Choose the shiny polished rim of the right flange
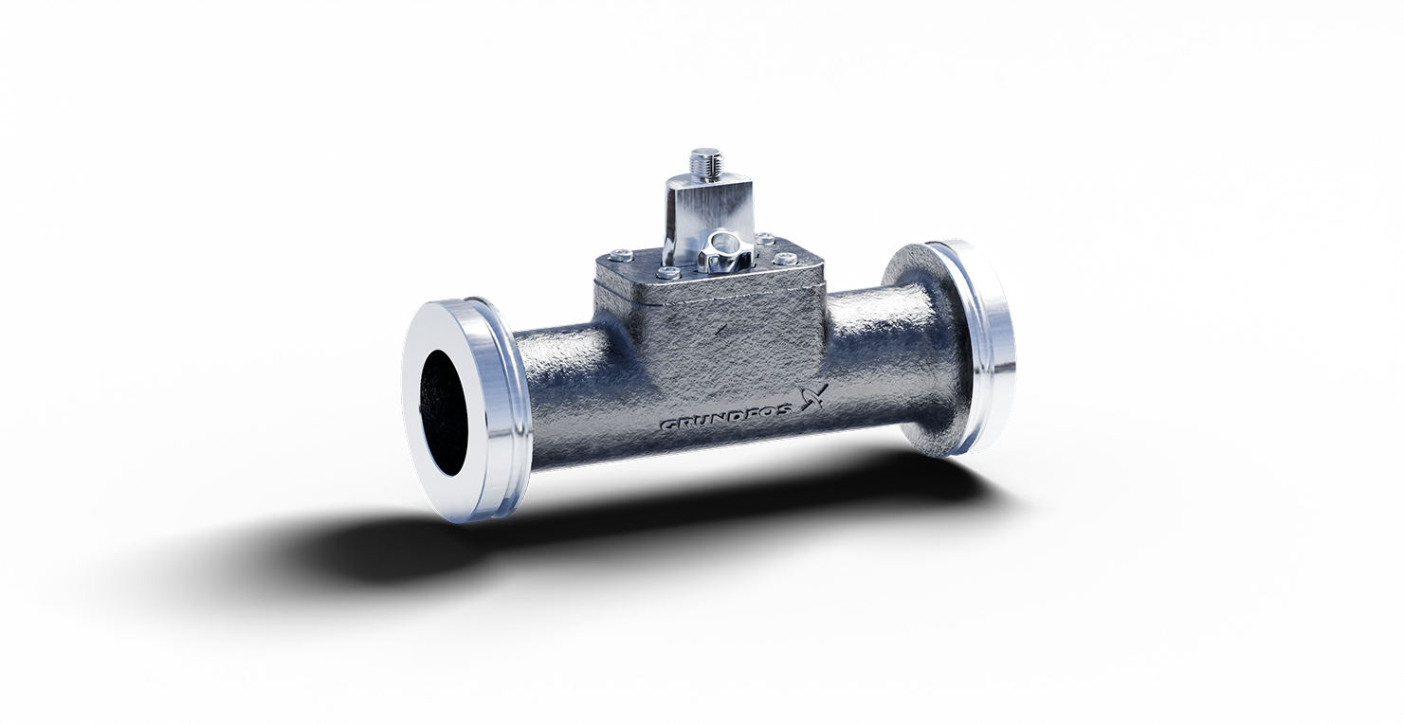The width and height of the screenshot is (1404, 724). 991,341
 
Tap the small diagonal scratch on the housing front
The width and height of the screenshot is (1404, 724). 722,329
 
